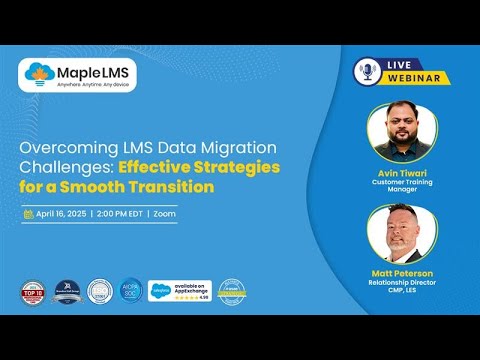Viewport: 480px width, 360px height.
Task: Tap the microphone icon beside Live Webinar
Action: (x=366, y=70)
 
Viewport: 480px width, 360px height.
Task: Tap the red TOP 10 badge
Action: (x=32, y=292)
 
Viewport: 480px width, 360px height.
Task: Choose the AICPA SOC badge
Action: (x=129, y=290)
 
